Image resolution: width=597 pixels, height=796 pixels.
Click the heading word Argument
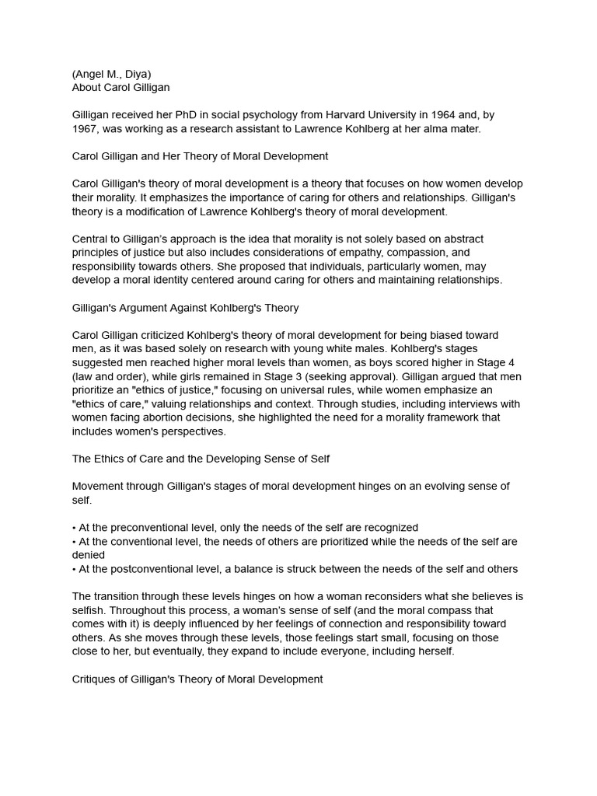tap(160, 308)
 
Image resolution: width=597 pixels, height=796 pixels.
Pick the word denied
tap(89, 555)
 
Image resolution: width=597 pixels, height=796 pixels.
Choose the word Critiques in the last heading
tap(95, 679)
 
